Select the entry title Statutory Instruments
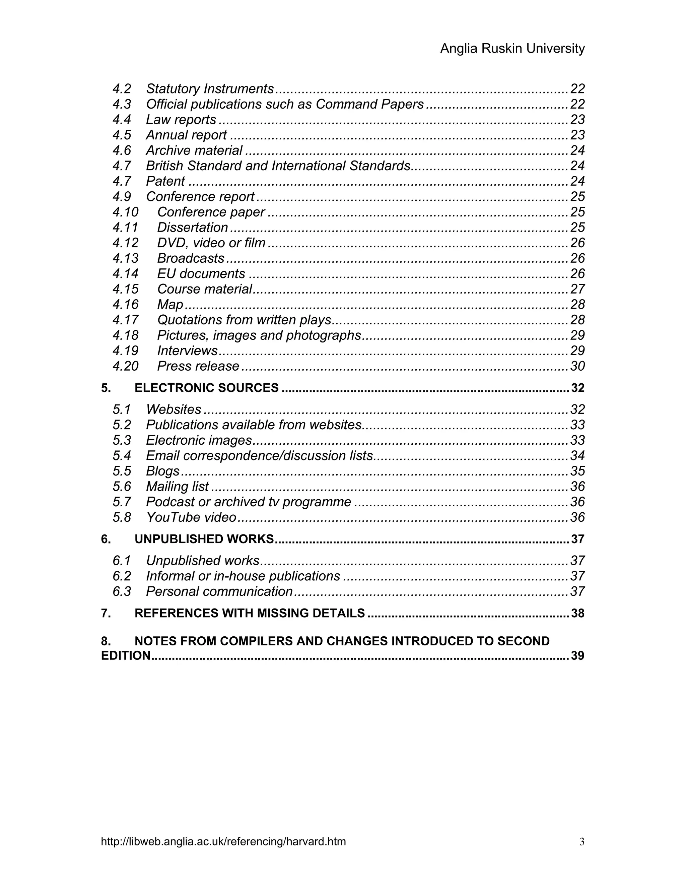click(210, 89)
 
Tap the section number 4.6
click(122, 150)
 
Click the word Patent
click(165, 181)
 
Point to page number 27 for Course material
click(577, 289)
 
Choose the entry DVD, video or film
click(211, 243)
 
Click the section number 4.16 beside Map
click(126, 305)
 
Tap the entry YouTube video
click(191, 517)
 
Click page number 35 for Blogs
click(577, 471)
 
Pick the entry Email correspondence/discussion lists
click(259, 455)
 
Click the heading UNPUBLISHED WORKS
click(204, 539)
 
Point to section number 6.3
click(122, 591)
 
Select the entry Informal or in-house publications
click(243, 576)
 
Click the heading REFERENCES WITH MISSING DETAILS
click(250, 613)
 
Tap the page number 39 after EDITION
click(577, 656)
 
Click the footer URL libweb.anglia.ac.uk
click(223, 842)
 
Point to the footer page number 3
click(581, 842)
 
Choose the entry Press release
click(198, 366)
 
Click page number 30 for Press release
click(577, 366)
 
